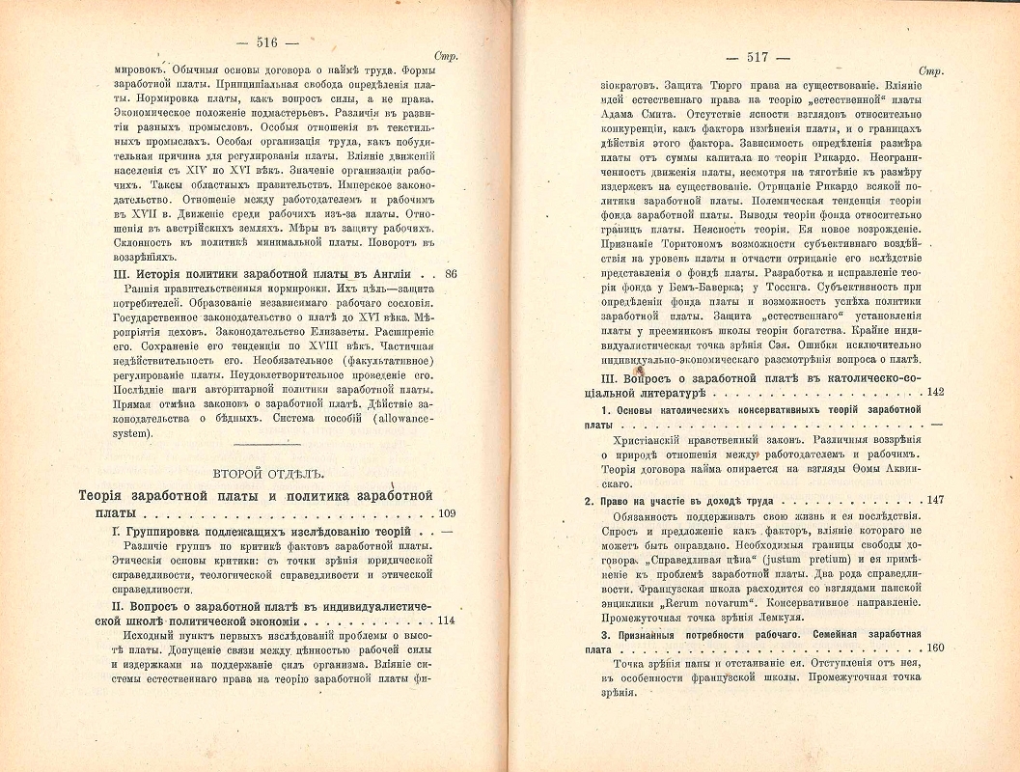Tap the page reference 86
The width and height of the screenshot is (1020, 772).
pyautogui.click(x=451, y=274)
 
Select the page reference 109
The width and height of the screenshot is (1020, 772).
pyautogui.click(x=447, y=513)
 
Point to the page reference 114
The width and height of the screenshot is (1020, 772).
pyautogui.click(x=447, y=620)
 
